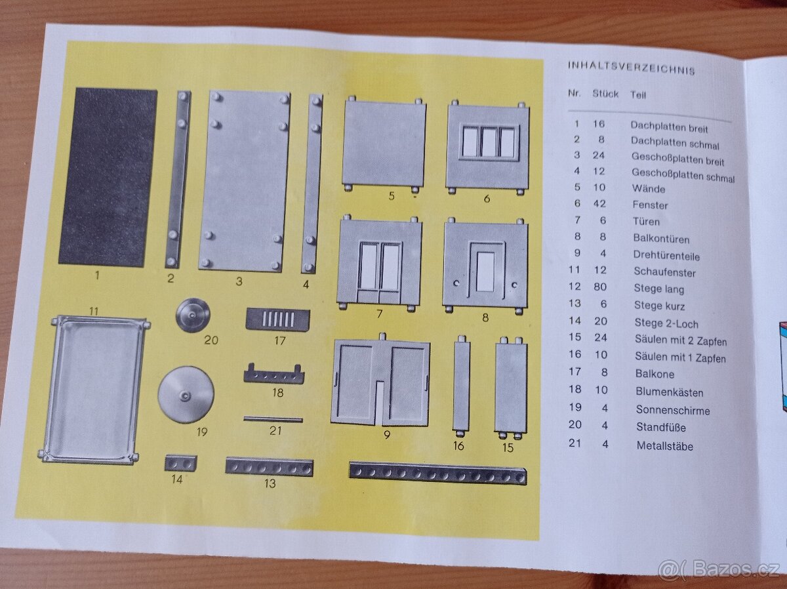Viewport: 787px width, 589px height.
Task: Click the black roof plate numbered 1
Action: click(x=108, y=176)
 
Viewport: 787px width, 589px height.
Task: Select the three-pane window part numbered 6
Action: click(x=487, y=146)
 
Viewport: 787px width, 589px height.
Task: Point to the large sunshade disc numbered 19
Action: click(x=186, y=394)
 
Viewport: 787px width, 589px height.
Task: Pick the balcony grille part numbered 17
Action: click(x=277, y=319)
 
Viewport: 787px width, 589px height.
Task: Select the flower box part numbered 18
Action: click(x=274, y=375)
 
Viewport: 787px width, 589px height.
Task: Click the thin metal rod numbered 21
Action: click(x=273, y=419)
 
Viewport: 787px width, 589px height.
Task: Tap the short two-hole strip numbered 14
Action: click(x=180, y=463)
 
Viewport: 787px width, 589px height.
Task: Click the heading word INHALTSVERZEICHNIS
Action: click(x=631, y=68)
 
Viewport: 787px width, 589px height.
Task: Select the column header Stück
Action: click(x=605, y=94)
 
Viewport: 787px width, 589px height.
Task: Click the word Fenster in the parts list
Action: click(x=650, y=205)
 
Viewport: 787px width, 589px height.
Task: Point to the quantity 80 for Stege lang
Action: click(x=599, y=287)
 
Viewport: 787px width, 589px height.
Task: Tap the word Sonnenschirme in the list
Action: click(x=672, y=411)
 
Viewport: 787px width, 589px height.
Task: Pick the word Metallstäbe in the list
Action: click(x=664, y=446)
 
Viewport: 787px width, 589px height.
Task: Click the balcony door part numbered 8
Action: click(x=485, y=264)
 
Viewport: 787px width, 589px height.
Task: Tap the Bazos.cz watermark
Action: click(x=719, y=569)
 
